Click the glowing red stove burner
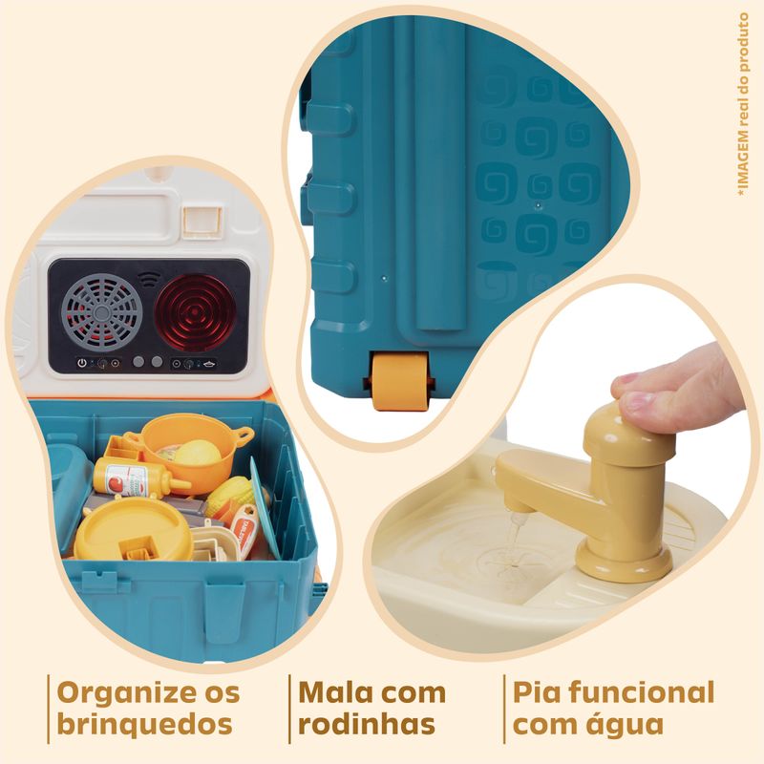pyautogui.click(x=195, y=313)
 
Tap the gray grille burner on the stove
pyautogui.click(x=102, y=313)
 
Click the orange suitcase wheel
pyautogui.click(x=400, y=381)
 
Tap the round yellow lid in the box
pyautogui.click(x=133, y=530)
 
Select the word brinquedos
pyautogui.click(x=145, y=724)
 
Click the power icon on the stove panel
pyautogui.click(x=82, y=363)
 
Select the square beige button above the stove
pyautogui.click(x=202, y=220)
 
